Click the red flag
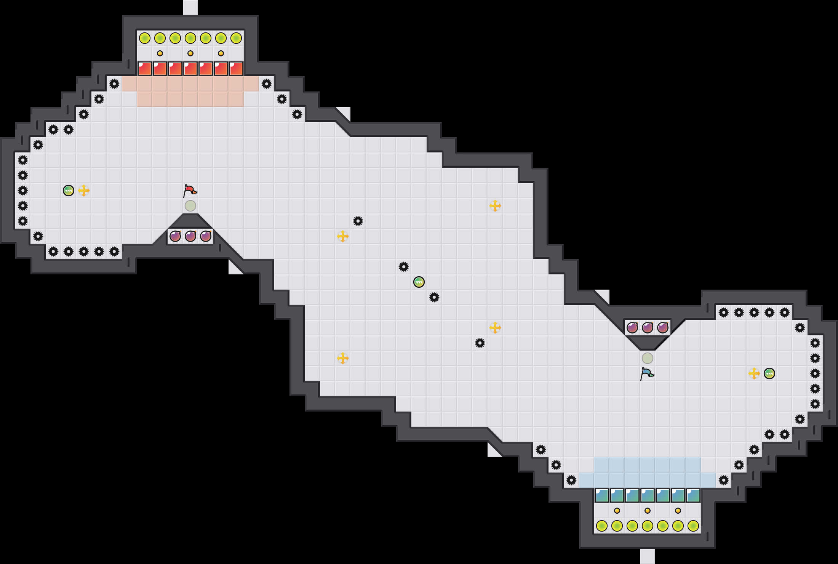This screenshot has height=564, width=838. [x=189, y=190]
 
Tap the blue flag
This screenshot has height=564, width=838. [x=646, y=373]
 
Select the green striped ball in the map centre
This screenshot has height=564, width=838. [x=419, y=282]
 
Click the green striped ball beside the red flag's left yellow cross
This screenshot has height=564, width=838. [x=69, y=191]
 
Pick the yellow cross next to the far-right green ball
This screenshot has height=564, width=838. [x=754, y=373]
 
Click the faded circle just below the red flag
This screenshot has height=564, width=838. [x=190, y=206]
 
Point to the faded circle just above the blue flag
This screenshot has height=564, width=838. [x=648, y=358]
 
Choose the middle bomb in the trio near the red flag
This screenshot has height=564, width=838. [x=190, y=236]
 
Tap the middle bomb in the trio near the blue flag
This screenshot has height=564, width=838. [x=648, y=328]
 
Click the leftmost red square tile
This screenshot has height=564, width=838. [x=145, y=69]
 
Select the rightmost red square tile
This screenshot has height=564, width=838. [x=236, y=69]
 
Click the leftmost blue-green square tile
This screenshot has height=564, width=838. [x=602, y=495]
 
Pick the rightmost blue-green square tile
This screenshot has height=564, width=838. [x=693, y=495]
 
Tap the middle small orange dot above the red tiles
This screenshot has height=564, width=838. [x=190, y=53]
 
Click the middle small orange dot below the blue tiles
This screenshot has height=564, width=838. [x=648, y=511]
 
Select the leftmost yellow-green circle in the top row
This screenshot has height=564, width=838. [x=145, y=38]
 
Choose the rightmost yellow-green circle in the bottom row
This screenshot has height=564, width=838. [x=693, y=526]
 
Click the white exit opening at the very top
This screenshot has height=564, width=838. [x=190, y=8]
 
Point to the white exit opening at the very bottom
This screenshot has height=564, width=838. [x=648, y=556]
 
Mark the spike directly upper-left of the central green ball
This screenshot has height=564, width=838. [x=404, y=267]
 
